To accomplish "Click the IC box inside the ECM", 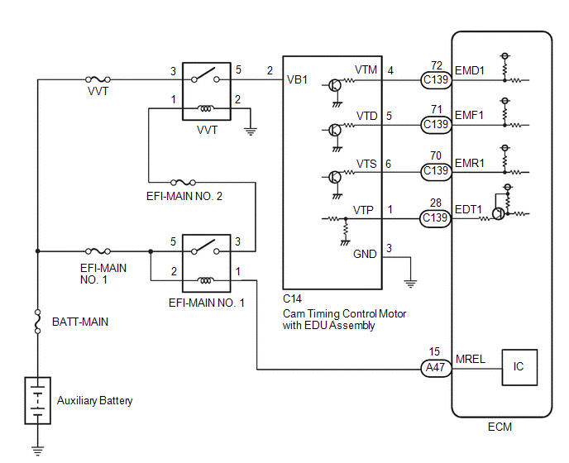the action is coord(519,367).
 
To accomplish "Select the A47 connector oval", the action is coord(436,368).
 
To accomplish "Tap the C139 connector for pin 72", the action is coord(436,80).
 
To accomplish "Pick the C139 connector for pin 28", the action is coord(436,218).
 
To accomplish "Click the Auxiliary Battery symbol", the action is coord(38,401).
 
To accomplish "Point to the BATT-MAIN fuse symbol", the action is coord(37,322).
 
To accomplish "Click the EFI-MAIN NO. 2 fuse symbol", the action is coord(183,182).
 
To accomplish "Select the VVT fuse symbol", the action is coord(98,79).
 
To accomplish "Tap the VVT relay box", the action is coord(207,92).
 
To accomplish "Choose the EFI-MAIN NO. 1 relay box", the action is coord(207,263).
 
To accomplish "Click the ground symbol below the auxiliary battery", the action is coord(37,451).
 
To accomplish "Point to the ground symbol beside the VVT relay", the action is coord(251,131).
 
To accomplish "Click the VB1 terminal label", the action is coord(297,79).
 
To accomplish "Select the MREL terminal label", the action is coord(471,359).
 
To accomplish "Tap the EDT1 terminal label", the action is coord(468,209).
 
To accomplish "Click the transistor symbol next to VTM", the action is coord(335,86).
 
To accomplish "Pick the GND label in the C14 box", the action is coord(365,254).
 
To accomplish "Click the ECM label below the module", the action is coord(500,427).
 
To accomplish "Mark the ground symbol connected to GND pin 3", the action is coord(410,284).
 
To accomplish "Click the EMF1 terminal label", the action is coord(469,116).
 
